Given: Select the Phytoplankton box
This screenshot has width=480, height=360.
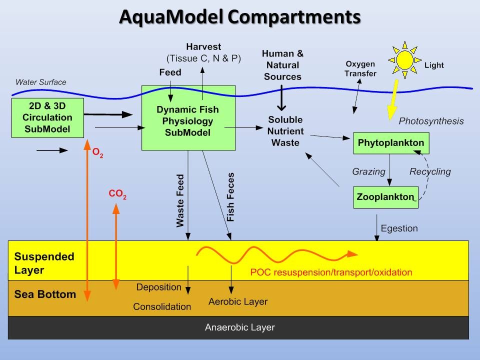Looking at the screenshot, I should (391, 143).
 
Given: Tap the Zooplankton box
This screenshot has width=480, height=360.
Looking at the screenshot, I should (385, 197).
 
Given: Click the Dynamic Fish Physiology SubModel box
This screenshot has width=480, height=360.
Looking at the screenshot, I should (188, 118).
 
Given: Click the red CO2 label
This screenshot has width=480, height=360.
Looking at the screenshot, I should (117, 194).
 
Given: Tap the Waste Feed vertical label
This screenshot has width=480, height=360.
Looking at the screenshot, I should (180, 201).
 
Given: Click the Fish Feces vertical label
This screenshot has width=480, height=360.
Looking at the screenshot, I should (230, 197).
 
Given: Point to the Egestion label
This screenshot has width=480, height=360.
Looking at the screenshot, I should (399, 228).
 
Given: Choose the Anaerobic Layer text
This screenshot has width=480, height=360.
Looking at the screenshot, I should (240, 328).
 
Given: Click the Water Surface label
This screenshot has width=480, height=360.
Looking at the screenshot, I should (40, 82).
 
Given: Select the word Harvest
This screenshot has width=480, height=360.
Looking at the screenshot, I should (203, 47).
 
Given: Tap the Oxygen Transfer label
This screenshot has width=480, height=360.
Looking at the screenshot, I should (360, 68).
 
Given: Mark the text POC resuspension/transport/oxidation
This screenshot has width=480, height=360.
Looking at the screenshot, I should (331, 272).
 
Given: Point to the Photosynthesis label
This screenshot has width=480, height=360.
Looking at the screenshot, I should (431, 121).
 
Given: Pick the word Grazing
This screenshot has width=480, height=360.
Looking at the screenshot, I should (369, 171).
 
